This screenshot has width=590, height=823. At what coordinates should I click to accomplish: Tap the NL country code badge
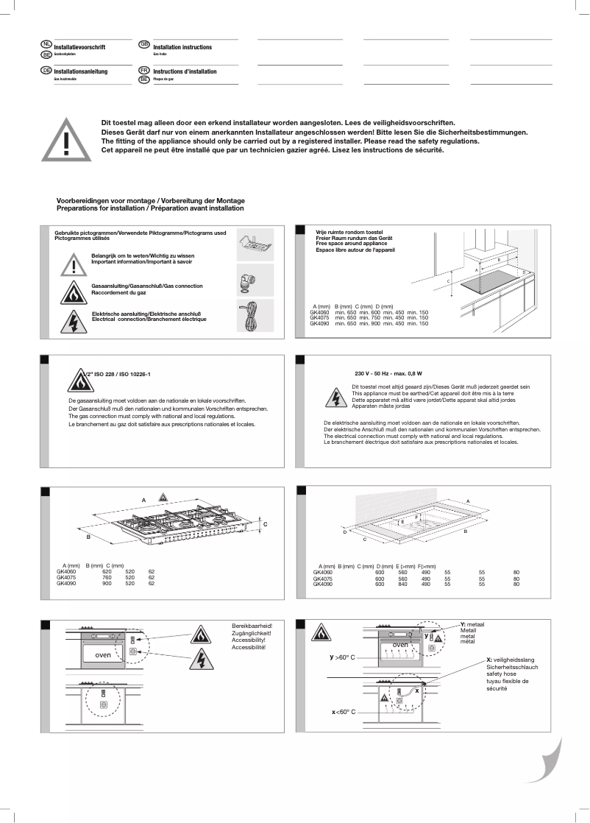(x=46, y=46)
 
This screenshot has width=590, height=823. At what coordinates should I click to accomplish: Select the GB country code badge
(x=144, y=46)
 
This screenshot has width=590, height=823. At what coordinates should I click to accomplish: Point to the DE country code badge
(x=46, y=70)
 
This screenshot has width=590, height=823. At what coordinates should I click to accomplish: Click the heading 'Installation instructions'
(x=182, y=47)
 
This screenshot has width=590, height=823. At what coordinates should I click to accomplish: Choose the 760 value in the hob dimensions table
(x=106, y=578)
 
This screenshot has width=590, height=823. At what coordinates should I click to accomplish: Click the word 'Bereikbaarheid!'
(x=252, y=626)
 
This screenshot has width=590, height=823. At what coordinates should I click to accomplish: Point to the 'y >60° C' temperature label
(x=343, y=655)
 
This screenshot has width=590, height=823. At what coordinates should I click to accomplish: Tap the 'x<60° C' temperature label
(x=343, y=712)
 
